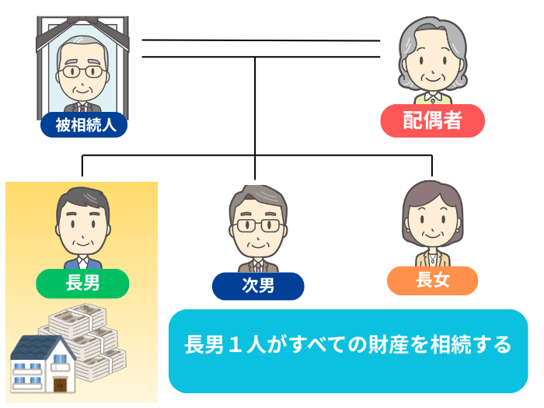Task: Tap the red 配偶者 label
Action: [432, 120]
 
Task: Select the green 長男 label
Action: [83, 284]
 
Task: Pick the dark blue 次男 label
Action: [258, 285]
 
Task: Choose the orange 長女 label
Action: [432, 280]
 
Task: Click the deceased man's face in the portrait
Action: [82, 74]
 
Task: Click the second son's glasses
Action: [258, 225]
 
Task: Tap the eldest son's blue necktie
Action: [83, 262]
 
